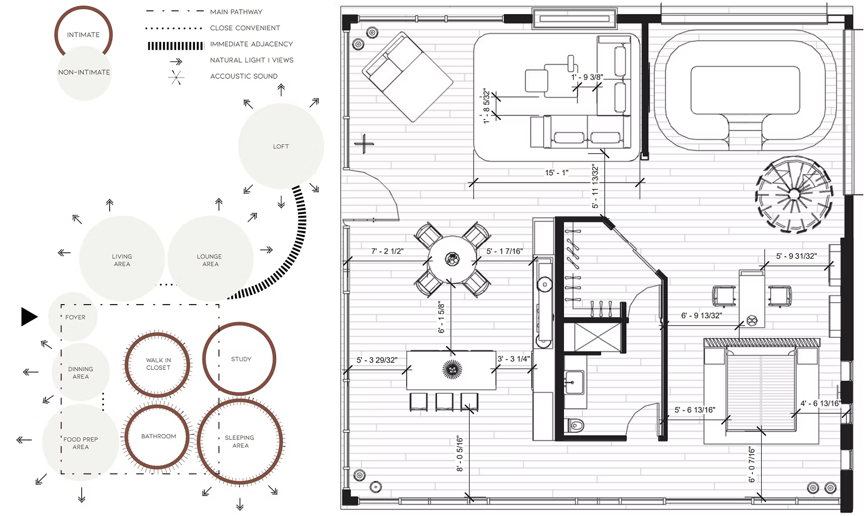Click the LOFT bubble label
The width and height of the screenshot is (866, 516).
click(280, 147)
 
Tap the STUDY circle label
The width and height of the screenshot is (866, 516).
click(241, 359)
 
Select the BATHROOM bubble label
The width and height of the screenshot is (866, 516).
click(158, 436)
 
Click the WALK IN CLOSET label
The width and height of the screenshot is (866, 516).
click(158, 363)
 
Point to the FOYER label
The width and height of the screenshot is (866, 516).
click(75, 317)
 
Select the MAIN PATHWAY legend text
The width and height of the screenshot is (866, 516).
click(236, 12)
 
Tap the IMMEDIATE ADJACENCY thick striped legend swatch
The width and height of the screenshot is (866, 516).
click(176, 46)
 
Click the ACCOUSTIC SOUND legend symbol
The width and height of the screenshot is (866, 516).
click(176, 78)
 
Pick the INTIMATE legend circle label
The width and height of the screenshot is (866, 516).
click(83, 35)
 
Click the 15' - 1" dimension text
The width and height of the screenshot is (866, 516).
click(557, 173)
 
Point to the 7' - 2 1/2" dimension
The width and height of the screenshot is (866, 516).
click(387, 251)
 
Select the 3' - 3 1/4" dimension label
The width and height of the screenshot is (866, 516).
click(513, 359)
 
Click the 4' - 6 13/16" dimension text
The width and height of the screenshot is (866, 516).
click(820, 403)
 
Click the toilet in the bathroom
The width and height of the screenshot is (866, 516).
click(576, 425)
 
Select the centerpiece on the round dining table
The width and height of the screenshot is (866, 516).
click(452, 260)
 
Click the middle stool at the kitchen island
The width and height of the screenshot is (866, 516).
click(444, 402)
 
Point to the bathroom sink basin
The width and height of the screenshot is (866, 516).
click(574, 382)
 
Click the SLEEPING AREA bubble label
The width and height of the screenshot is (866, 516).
click(240, 442)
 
